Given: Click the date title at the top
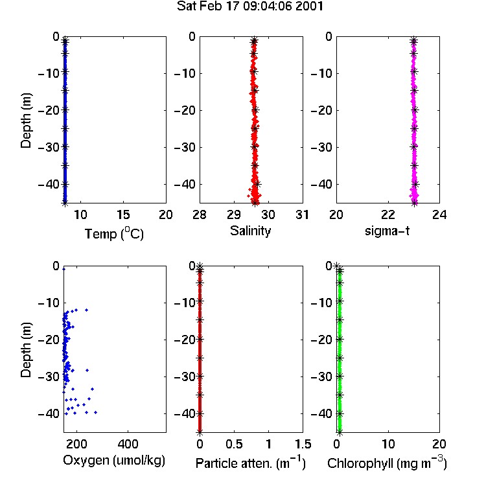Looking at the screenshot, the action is [x=250, y=6].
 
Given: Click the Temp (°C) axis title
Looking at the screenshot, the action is [x=114, y=233].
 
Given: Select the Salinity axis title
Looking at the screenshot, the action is [x=250, y=231].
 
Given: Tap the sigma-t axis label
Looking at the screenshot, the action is [x=387, y=231].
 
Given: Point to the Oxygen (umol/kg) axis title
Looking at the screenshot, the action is [x=114, y=460].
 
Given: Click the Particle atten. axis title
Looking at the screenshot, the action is [x=250, y=463].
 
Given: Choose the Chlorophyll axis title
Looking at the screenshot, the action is [x=387, y=463].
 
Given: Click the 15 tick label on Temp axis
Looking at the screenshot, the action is [x=123, y=214].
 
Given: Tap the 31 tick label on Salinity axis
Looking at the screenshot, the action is [x=302, y=214].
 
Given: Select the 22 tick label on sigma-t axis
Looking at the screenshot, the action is [x=388, y=214].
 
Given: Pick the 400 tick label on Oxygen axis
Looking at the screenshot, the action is [x=128, y=444].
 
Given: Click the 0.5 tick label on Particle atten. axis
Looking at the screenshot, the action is [x=234, y=444].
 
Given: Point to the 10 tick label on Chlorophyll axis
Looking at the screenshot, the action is [x=388, y=444].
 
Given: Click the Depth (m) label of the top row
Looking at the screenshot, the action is [x=26, y=121].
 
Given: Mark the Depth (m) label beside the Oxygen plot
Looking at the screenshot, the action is [x=26, y=350].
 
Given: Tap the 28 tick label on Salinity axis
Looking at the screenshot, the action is [x=200, y=214].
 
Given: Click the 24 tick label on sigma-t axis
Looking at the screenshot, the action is [x=439, y=214].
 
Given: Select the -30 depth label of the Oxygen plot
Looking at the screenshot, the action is [x=49, y=376].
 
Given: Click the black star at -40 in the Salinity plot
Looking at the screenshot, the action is [x=257, y=184].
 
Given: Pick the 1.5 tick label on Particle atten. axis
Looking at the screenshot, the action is [x=303, y=444].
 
